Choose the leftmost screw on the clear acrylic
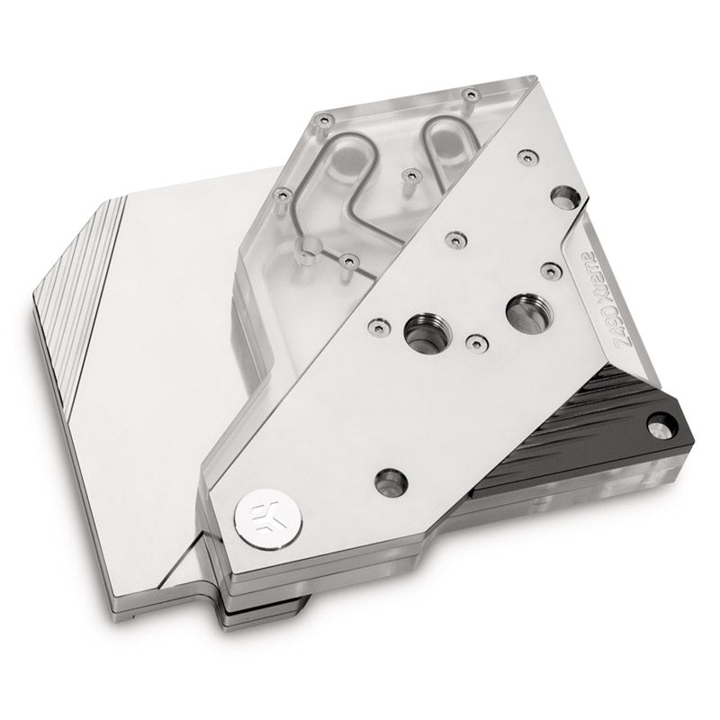tap(282, 192)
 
